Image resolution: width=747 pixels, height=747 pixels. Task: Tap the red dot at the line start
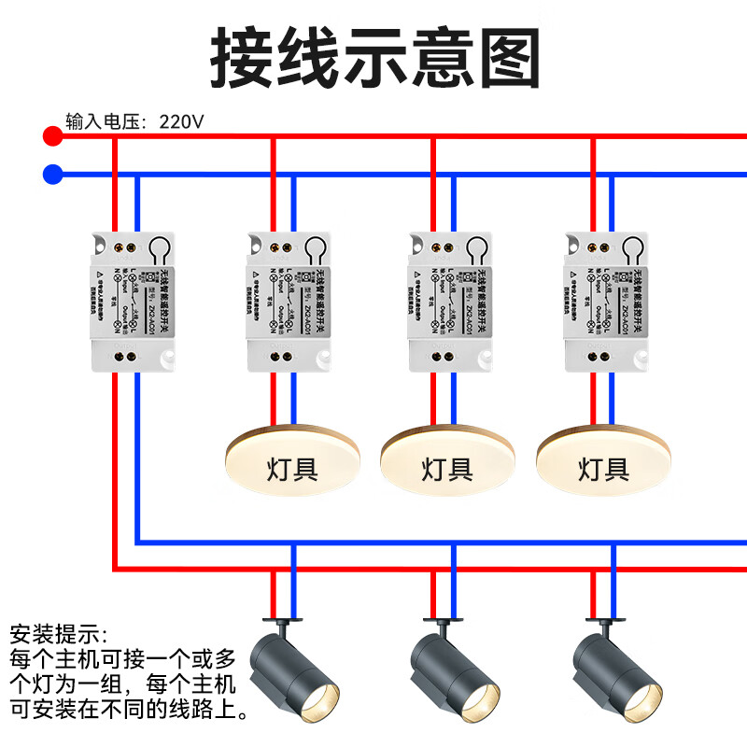coord(53,136)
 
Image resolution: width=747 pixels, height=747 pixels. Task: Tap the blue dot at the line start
coord(53,174)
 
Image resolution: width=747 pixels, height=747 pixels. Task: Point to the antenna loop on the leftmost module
coord(161,250)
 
